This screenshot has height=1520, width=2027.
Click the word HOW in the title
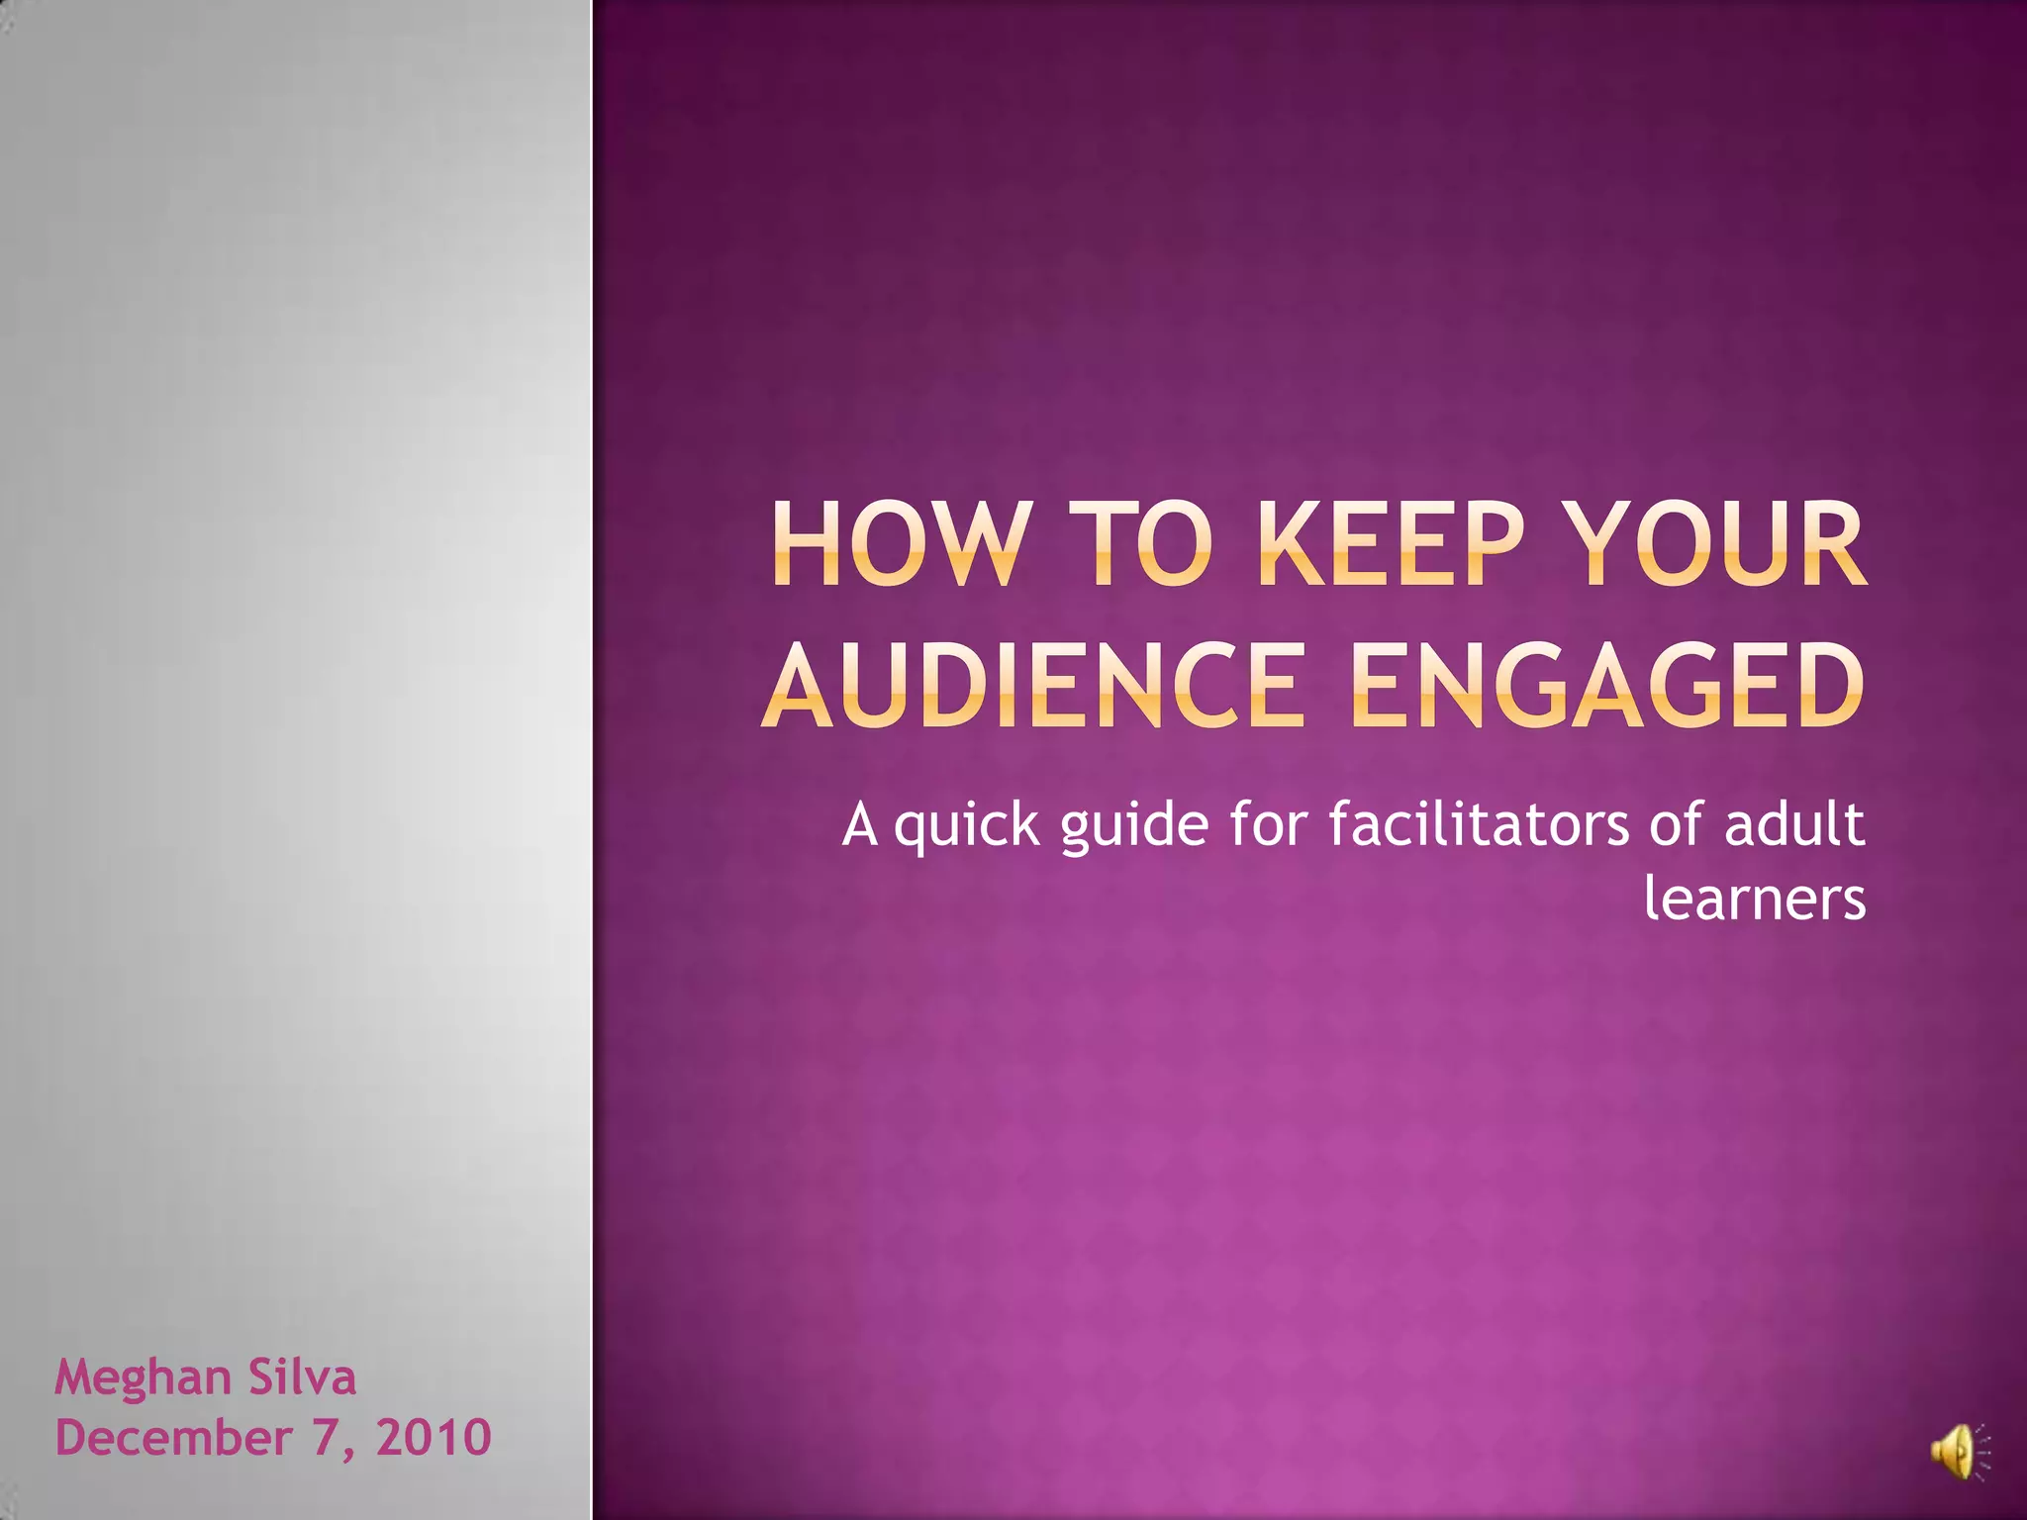click(897, 544)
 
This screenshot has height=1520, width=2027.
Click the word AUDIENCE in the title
click(1033, 685)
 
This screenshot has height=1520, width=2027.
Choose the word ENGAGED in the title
click(1607, 685)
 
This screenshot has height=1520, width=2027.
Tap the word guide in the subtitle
click(1134, 825)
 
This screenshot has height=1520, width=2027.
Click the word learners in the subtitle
click(1754, 899)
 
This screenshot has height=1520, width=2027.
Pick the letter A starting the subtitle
click(860, 825)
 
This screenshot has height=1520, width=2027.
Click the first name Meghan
click(143, 1378)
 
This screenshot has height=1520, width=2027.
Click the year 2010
click(434, 1438)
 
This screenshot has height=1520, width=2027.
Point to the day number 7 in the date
click(327, 1438)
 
